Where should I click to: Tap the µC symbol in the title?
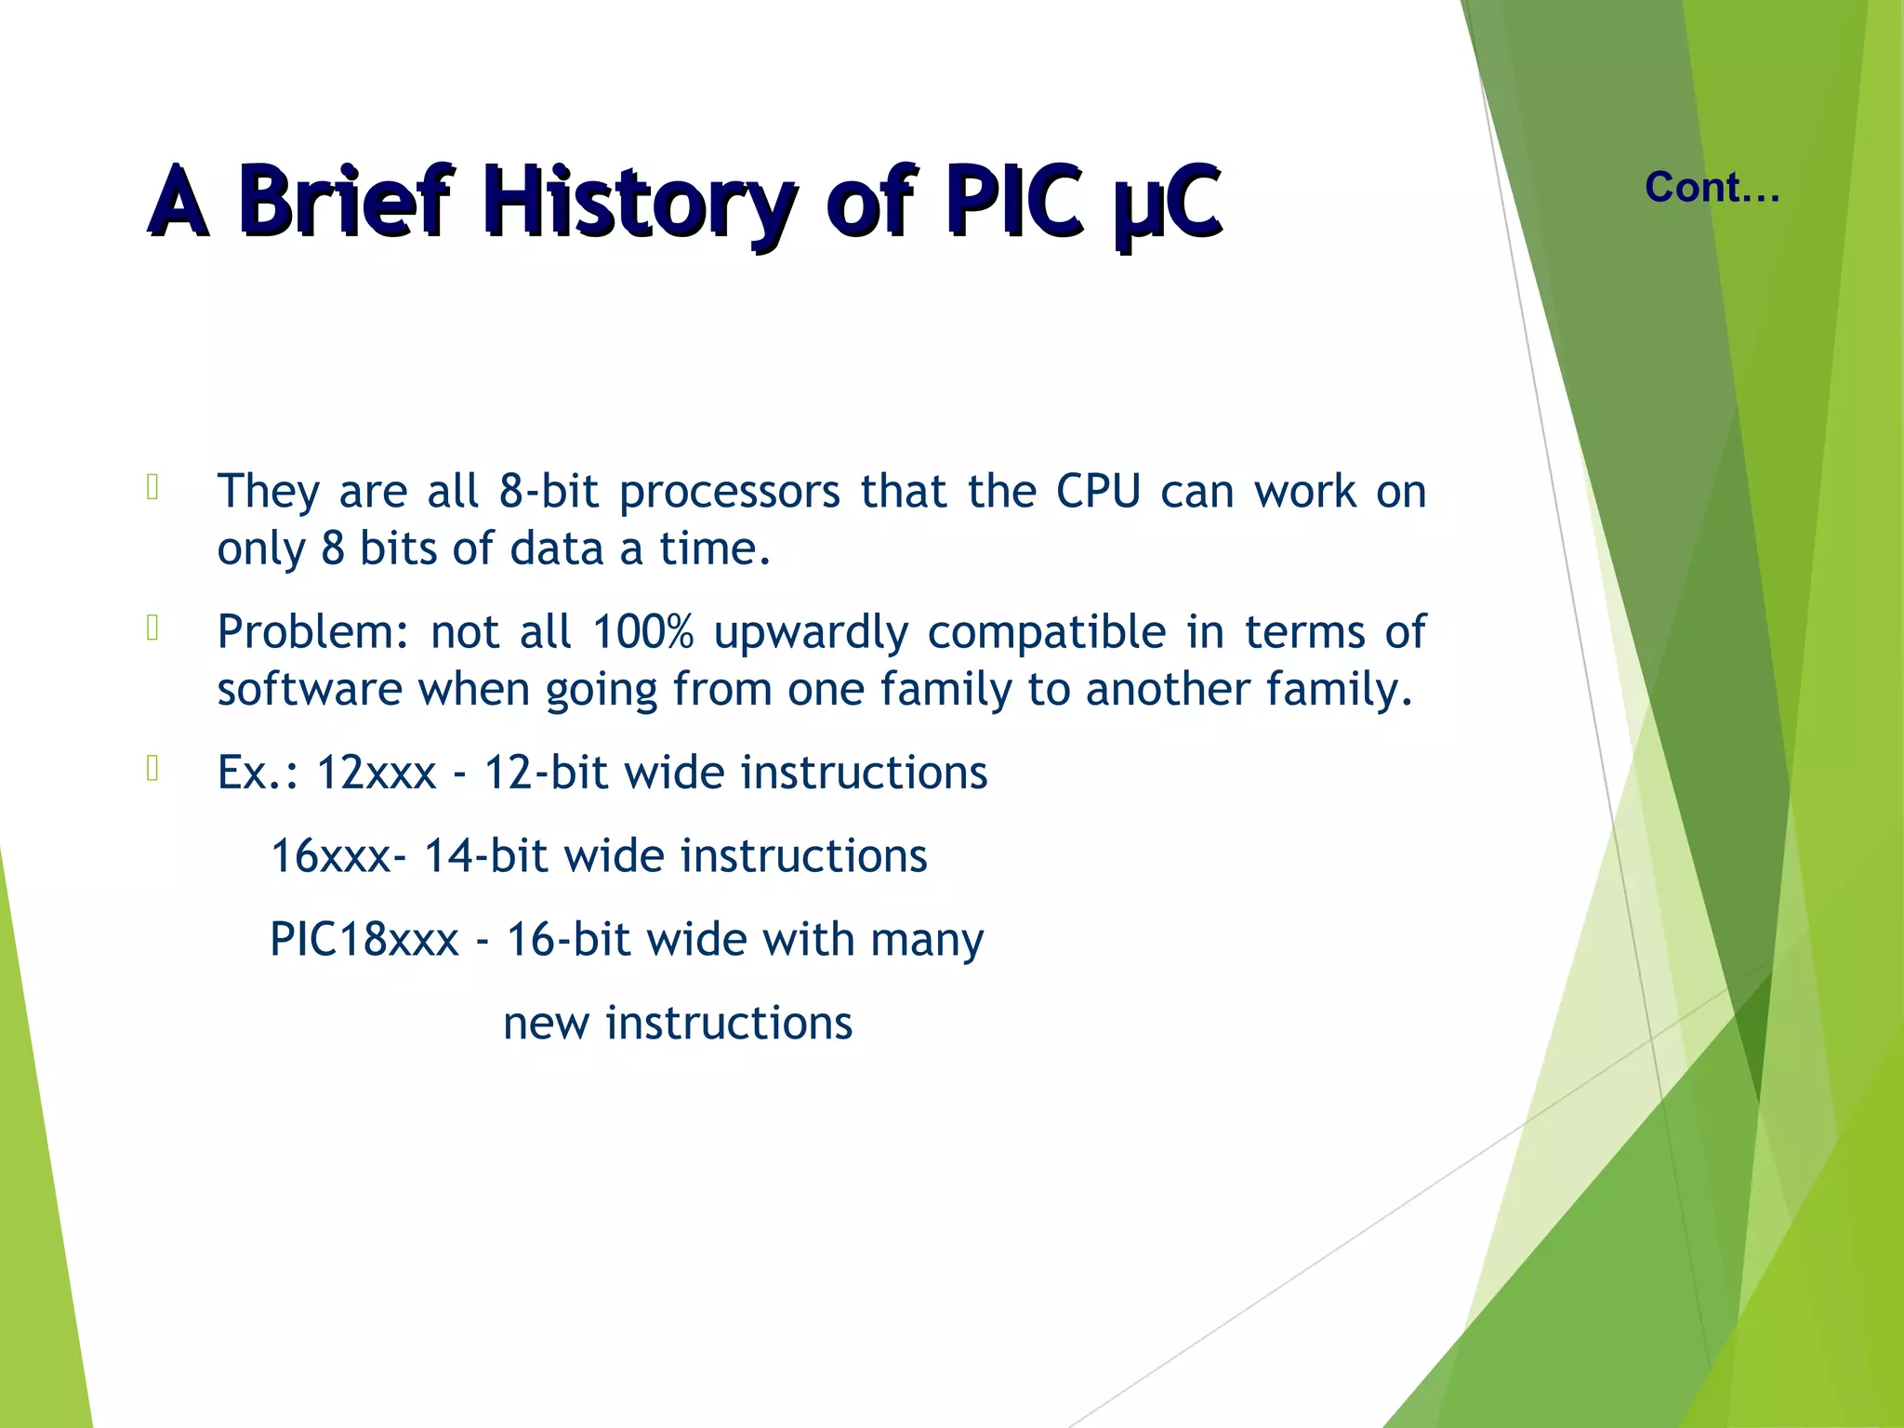[x=1167, y=200]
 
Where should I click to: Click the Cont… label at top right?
[x=1712, y=188]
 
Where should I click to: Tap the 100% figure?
[x=642, y=632]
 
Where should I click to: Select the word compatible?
[x=1046, y=632]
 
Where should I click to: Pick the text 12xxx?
[x=377, y=773]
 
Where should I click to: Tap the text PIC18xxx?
[x=364, y=939]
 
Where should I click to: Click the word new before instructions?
[x=547, y=1023]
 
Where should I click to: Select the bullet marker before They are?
[x=153, y=488]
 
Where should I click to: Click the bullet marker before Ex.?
[x=153, y=769]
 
